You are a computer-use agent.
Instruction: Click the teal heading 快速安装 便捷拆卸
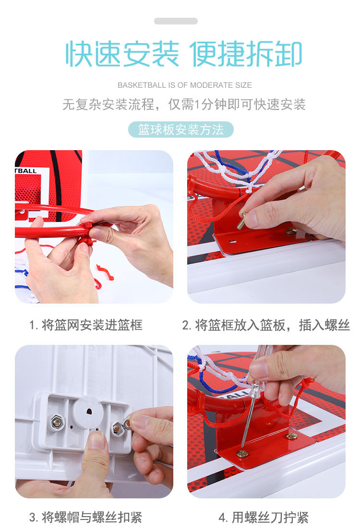[183, 54]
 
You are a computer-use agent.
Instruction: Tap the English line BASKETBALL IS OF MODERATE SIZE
[185, 85]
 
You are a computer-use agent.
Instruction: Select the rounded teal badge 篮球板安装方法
[180, 130]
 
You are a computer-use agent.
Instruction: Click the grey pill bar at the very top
[176, 21]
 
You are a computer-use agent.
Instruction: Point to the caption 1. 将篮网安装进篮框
[86, 325]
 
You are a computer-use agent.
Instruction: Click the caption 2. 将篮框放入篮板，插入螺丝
[266, 325]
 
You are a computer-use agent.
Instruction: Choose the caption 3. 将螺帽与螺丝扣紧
[85, 517]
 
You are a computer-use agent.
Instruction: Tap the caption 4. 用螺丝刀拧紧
[264, 517]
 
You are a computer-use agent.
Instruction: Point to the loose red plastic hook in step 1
[105, 272]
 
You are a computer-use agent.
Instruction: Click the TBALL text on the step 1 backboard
[26, 171]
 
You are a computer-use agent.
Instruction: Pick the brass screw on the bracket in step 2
[290, 231]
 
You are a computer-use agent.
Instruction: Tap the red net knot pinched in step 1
[87, 241]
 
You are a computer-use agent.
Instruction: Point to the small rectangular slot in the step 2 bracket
[232, 241]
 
